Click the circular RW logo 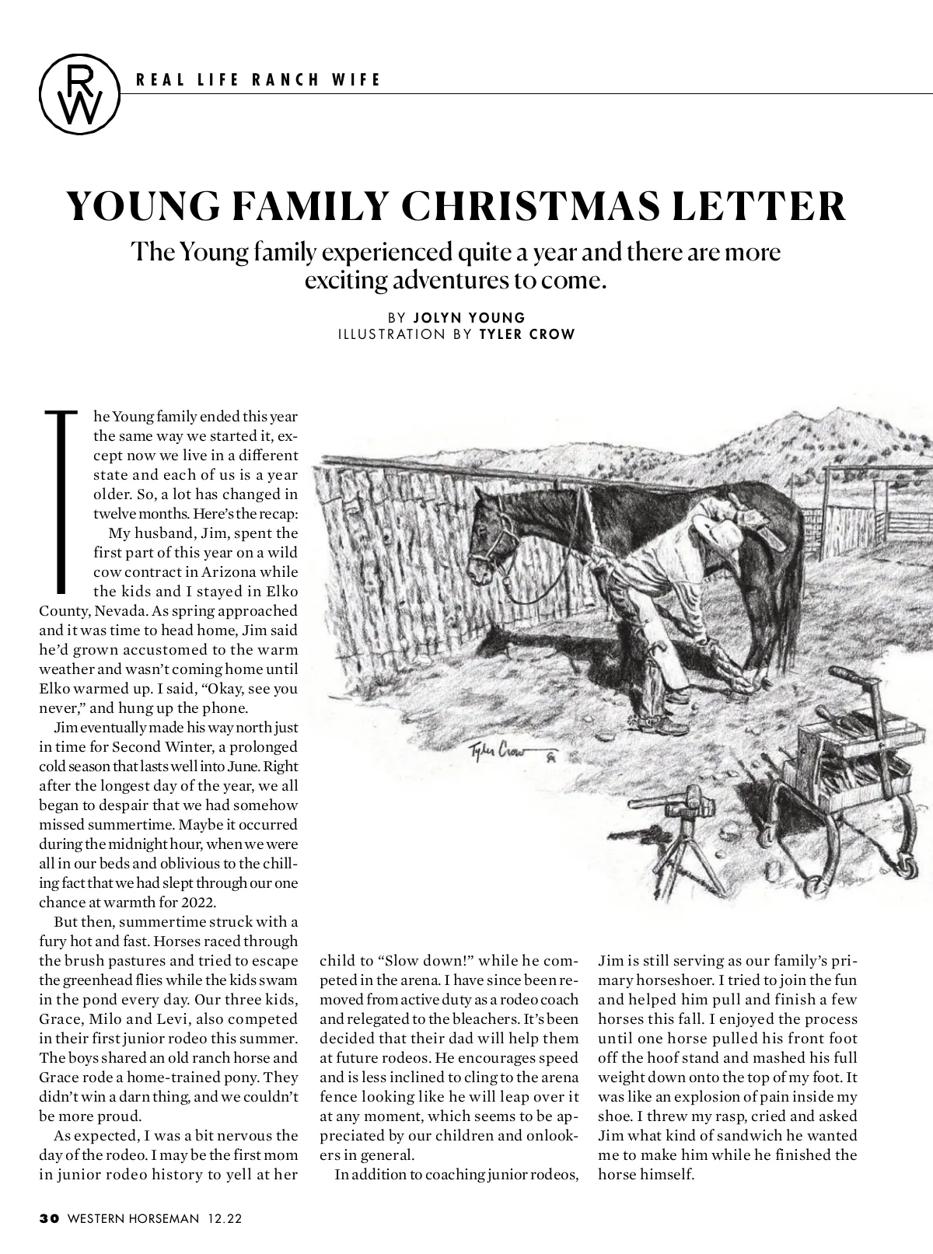click(80, 93)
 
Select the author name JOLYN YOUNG click(470, 317)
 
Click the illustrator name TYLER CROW click(528, 334)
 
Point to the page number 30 click(49, 1218)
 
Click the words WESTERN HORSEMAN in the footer click(133, 1218)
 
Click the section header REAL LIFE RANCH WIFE click(258, 79)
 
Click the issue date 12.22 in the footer click(225, 1218)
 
